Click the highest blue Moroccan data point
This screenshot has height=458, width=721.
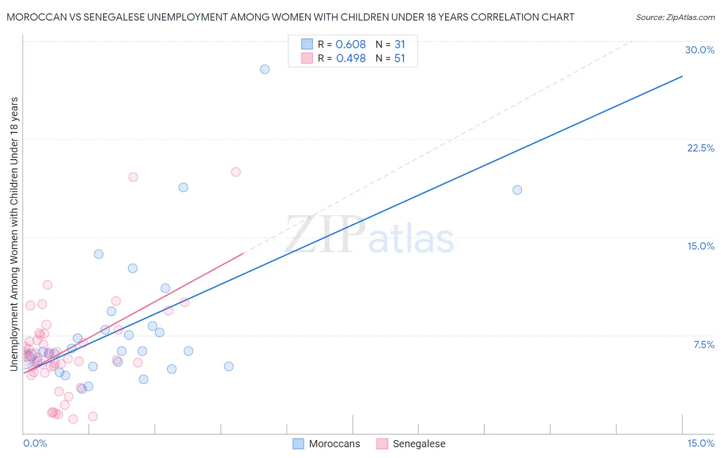(265, 69)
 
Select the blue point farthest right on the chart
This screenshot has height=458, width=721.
(517, 190)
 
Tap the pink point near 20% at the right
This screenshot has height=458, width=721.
(236, 172)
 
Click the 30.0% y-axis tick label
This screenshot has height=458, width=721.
(699, 50)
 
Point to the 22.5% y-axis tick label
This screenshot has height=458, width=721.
(700, 148)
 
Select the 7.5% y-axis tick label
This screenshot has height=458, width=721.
(704, 345)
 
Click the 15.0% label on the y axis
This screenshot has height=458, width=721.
(700, 246)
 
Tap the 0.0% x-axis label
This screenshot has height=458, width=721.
(35, 443)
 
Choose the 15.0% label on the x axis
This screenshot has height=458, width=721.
(700, 443)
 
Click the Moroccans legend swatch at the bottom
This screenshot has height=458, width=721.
(298, 444)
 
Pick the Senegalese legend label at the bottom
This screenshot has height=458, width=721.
(419, 444)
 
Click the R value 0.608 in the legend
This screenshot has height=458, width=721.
(351, 45)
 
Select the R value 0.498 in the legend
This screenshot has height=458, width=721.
(351, 59)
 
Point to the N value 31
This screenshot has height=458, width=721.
(400, 45)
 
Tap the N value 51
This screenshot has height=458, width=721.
(400, 59)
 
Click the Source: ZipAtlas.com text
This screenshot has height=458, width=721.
(675, 17)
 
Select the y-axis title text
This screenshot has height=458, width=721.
(14, 234)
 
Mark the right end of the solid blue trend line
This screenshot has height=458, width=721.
(682, 77)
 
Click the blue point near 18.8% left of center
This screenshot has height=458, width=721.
(183, 187)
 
